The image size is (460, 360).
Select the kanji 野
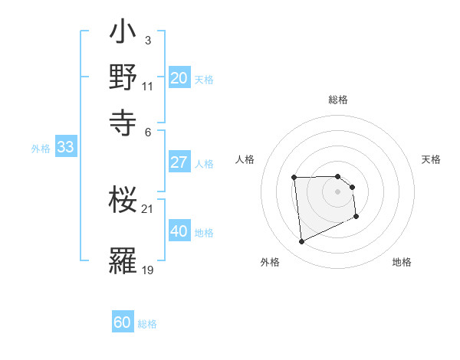[x=123, y=78]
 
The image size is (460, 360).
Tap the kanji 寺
[x=123, y=120]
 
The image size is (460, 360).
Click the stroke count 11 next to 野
[x=148, y=86]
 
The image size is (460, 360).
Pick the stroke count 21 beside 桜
[x=148, y=208]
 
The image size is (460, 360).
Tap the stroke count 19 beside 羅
[x=148, y=269]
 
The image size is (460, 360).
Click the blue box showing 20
[x=179, y=77]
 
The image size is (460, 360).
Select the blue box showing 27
[x=179, y=162]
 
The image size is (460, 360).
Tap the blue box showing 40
[x=179, y=231]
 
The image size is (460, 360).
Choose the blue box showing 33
[x=65, y=147]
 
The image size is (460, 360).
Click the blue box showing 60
[x=123, y=322]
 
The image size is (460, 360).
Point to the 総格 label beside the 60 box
[x=147, y=324]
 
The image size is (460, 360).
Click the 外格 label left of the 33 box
[x=41, y=149]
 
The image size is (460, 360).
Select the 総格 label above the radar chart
[x=338, y=100]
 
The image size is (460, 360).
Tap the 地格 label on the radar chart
[x=402, y=262]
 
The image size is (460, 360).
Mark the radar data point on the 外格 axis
[x=302, y=242]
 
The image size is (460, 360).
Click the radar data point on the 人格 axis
[x=294, y=178]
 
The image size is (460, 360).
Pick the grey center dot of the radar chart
[x=337, y=191]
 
